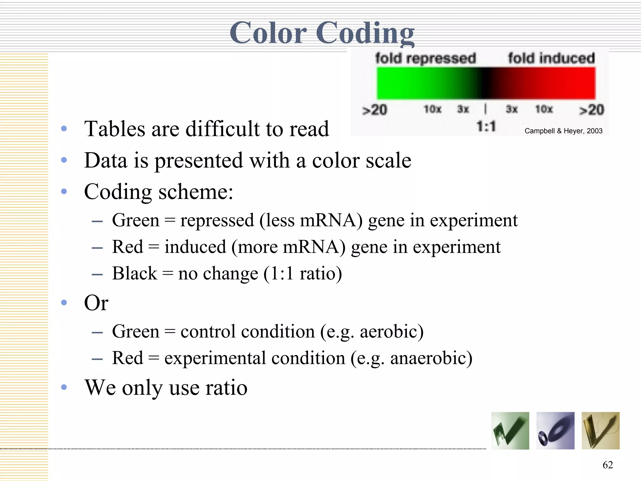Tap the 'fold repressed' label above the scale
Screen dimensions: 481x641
point(425,58)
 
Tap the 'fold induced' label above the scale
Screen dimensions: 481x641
point(551,58)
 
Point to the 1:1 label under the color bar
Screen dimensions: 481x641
point(486,127)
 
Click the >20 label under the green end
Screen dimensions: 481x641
point(375,110)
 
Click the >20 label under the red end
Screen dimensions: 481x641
point(591,110)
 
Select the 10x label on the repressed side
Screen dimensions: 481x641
point(432,109)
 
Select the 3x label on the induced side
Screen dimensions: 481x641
point(512,109)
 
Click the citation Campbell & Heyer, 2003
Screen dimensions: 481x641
point(563,131)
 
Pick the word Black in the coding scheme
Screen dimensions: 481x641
point(135,273)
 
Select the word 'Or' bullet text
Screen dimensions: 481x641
point(96,303)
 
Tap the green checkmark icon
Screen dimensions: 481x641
point(510,431)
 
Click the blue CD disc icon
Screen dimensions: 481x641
point(555,431)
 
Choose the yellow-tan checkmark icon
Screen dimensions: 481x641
point(600,431)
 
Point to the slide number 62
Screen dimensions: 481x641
point(608,465)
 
